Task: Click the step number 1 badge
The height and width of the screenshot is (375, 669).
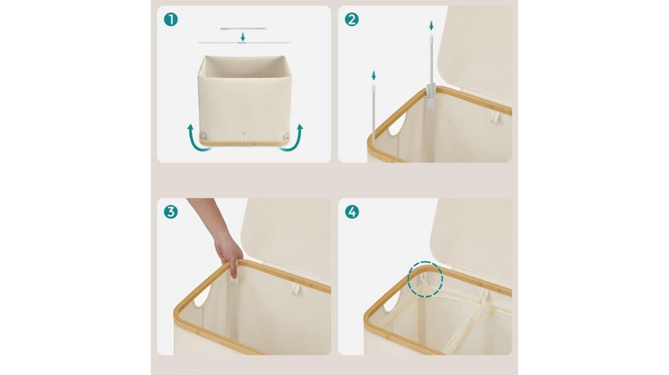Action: [x=171, y=20]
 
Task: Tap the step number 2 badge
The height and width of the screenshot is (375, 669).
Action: [x=352, y=20]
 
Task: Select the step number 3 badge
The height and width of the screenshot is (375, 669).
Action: [x=171, y=212]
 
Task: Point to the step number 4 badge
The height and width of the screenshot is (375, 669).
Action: [x=352, y=212]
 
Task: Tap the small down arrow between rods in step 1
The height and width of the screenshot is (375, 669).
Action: [x=243, y=37]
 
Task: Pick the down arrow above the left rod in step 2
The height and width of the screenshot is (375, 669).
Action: [x=374, y=76]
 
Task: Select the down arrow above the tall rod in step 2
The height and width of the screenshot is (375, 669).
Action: [x=431, y=26]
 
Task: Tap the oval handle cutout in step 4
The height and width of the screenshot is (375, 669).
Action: [x=392, y=301]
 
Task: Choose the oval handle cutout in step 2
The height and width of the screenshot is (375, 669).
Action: [x=397, y=124]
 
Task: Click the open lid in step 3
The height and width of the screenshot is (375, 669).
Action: [x=286, y=239]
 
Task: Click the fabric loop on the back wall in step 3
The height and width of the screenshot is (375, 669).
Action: [x=295, y=290]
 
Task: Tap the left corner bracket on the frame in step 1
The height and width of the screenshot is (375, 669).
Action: [x=203, y=136]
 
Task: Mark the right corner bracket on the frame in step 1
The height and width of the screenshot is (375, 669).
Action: [x=285, y=136]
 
